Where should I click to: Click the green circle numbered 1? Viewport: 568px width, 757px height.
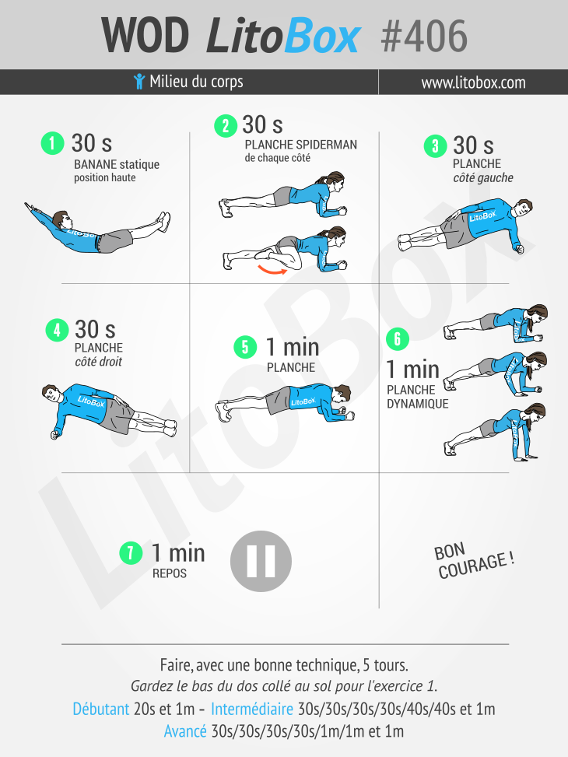click(x=53, y=143)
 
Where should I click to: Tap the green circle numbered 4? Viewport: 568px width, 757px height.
click(x=57, y=330)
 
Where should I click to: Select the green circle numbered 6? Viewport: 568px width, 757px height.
click(x=398, y=339)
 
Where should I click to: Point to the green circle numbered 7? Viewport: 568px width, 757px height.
click(x=131, y=553)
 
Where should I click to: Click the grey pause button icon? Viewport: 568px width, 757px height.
click(x=261, y=561)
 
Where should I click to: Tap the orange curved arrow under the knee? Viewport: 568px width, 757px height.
click(x=272, y=269)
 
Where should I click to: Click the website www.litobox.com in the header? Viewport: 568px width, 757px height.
click(x=473, y=82)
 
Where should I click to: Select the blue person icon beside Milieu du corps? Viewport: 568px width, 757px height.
click(x=139, y=81)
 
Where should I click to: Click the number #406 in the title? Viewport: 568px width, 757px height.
click(x=424, y=36)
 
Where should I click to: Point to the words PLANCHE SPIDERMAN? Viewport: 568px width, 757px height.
click(x=300, y=145)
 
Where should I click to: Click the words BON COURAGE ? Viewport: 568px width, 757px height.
click(x=473, y=560)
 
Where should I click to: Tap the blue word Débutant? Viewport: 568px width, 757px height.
click(x=101, y=709)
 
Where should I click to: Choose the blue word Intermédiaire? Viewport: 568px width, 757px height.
click(x=252, y=709)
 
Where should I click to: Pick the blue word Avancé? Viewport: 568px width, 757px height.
click(x=185, y=731)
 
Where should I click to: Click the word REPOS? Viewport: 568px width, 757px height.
click(x=170, y=573)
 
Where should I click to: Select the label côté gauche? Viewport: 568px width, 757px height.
click(x=483, y=177)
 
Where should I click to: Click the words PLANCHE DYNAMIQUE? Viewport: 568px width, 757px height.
click(x=417, y=396)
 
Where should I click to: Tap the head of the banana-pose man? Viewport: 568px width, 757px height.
click(x=61, y=219)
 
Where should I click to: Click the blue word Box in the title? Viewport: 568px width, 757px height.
click(x=322, y=36)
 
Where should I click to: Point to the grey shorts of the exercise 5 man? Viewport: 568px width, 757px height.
click(x=279, y=400)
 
